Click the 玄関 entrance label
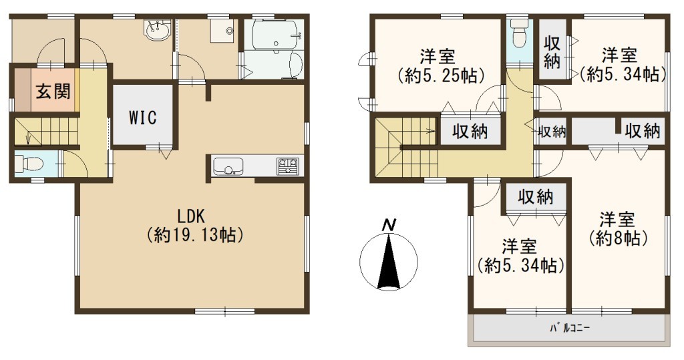[53, 92]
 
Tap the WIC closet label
[143, 118]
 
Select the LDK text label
[190, 216]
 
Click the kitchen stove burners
[287, 166]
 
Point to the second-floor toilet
[519, 33]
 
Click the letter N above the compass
[389, 225]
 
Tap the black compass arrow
[388, 261]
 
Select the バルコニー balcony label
[569, 328]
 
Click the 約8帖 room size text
[618, 238]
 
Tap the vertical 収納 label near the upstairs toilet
[552, 52]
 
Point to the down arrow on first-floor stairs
[28, 137]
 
